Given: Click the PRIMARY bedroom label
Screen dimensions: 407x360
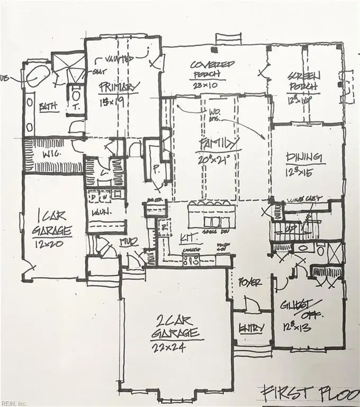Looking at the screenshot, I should [x=119, y=86].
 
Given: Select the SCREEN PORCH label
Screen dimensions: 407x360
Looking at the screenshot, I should [x=303, y=81].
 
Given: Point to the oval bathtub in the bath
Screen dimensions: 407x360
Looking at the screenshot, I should [x=37, y=76].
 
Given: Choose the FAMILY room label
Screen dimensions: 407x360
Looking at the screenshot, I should [x=219, y=144].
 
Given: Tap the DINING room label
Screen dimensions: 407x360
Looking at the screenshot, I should [x=304, y=157].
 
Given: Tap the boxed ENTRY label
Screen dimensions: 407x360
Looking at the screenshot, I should [x=251, y=329].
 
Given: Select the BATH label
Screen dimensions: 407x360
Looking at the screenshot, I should [x=49, y=107].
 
